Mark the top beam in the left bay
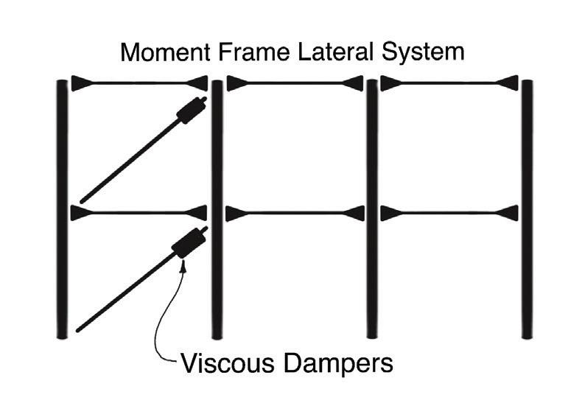coord(139,83)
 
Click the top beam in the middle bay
coord(295,83)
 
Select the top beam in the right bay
coord(449,83)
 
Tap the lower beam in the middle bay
coord(295,214)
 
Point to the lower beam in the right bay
coord(449,214)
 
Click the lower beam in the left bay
coord(139,214)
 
